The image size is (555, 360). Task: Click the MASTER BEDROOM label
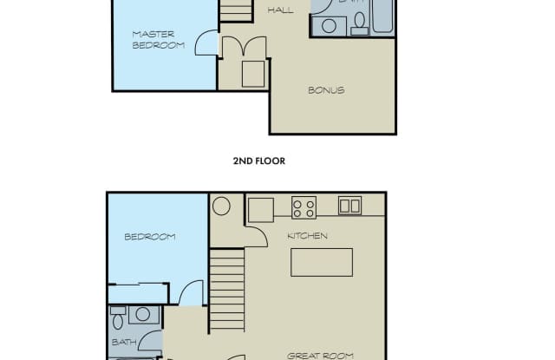(x=158, y=39)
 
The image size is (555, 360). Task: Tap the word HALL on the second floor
(x=279, y=10)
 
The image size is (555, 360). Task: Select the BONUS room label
(x=326, y=90)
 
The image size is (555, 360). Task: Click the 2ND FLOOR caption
(x=258, y=160)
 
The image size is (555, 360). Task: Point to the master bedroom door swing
(x=206, y=43)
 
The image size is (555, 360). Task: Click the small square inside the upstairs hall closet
(x=252, y=74)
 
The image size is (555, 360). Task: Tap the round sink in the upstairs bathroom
(x=329, y=25)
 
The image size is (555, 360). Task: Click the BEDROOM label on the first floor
(x=149, y=237)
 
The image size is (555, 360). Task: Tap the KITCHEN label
(x=307, y=236)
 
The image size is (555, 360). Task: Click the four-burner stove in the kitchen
(x=304, y=207)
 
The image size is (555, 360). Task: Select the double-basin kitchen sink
(x=349, y=206)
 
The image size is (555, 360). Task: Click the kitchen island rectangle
(x=321, y=262)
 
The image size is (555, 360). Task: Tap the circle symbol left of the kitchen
(x=221, y=206)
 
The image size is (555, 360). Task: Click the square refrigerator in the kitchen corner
(x=260, y=209)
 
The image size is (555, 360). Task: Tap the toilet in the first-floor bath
(x=118, y=320)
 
